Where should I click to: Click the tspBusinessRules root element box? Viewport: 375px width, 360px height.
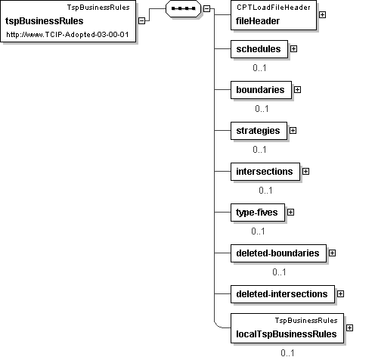pos(68,21)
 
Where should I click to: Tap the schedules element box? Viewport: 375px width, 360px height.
pos(259,49)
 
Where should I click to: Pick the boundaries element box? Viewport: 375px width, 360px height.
pos(261,90)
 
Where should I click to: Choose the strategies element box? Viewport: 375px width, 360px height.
pos(259,131)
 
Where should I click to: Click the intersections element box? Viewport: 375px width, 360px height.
pos(265,172)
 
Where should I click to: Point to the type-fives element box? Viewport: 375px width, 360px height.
pos(258,213)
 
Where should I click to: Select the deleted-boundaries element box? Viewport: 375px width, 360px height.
pos(278,253)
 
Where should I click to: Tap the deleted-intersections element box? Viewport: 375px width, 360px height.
pos(283,294)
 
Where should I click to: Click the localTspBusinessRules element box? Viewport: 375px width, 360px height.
pos(287,328)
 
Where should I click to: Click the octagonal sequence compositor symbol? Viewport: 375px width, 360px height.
pos(183,8)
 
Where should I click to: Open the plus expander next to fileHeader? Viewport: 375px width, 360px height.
pos(322,15)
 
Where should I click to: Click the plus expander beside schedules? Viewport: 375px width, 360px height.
pos(293,48)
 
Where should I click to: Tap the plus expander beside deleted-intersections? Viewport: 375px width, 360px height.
pos(340,293)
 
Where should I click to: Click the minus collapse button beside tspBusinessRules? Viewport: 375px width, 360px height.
pos(142,21)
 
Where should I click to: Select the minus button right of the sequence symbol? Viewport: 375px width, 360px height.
pos(206,8)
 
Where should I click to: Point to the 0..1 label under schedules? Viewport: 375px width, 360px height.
pos(259,67)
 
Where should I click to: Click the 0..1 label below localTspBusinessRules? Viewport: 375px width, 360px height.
pos(287,352)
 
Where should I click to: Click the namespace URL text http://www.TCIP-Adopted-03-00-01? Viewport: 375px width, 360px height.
pos(67,35)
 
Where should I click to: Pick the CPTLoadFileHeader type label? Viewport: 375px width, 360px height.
pos(274,8)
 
